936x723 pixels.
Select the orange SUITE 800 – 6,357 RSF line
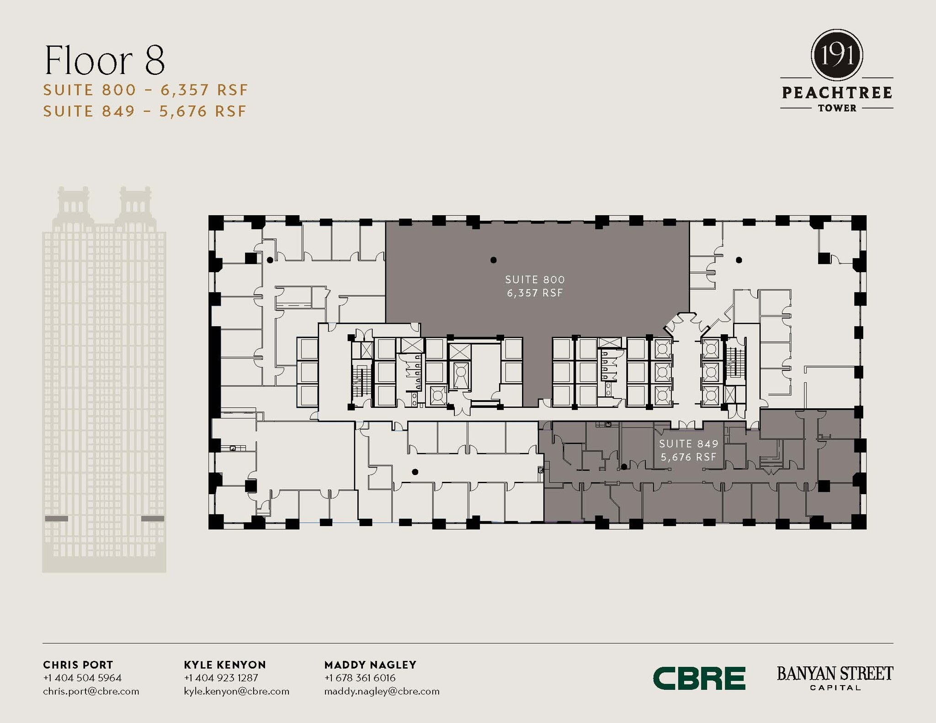pos(145,90)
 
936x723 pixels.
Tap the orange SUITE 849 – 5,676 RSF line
pos(145,111)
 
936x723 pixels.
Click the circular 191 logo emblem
pos(836,55)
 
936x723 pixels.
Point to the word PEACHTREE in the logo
pos(837,93)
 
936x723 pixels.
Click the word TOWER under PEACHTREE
pos(837,108)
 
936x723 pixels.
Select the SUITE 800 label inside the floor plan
pos(535,280)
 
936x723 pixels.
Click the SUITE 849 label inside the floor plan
pos(689,443)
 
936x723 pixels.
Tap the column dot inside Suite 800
pos(493,260)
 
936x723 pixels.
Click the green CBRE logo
pos(699,678)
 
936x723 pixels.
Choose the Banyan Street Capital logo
pos(835,678)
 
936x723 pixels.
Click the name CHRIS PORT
pos(78,665)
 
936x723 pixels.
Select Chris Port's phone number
pos(82,678)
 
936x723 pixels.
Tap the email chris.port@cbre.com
pos(91,691)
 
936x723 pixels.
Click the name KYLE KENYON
pos(225,665)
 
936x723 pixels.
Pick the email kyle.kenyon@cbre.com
pos(236,691)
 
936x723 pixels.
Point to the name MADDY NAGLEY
pos(370,665)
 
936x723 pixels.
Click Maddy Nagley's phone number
pos(360,678)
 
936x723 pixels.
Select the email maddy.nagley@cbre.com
pos(382,691)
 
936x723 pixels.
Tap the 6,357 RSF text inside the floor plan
pos(535,293)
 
